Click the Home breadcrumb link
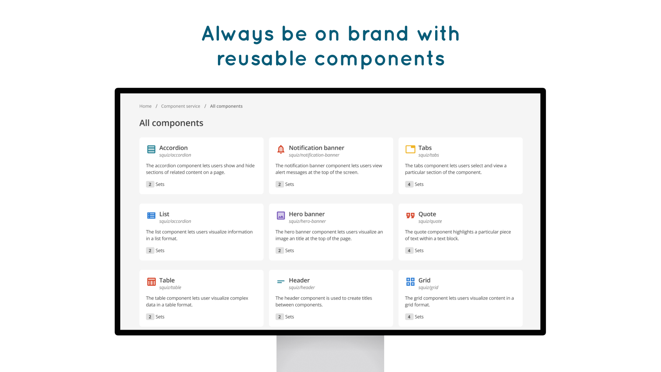(x=145, y=106)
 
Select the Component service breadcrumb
(x=180, y=106)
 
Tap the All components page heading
(x=171, y=123)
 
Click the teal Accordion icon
(x=151, y=149)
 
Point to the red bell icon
(x=281, y=149)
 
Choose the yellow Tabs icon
(x=410, y=149)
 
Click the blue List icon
(x=151, y=216)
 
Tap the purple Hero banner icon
(x=281, y=216)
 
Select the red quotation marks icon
(x=410, y=216)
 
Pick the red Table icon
(x=151, y=282)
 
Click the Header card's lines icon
(x=281, y=282)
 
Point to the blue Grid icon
(x=410, y=282)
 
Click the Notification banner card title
(x=316, y=148)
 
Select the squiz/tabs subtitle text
(x=429, y=155)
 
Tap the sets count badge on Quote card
(x=409, y=250)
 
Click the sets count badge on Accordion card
(x=150, y=184)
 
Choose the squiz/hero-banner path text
(x=307, y=221)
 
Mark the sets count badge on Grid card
(x=409, y=317)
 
